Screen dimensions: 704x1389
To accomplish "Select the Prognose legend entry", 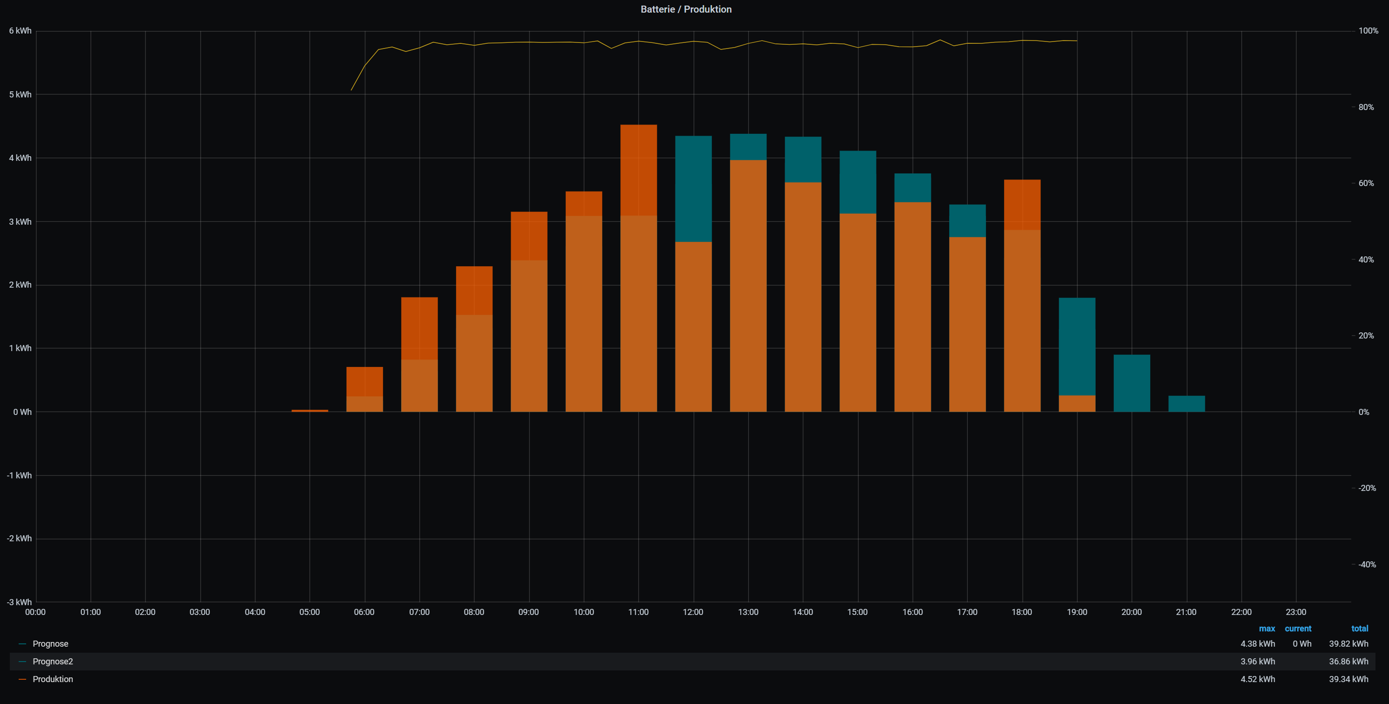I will point(50,644).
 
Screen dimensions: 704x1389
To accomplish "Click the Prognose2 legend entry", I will point(52,662).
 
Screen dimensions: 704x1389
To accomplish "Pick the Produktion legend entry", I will point(52,679).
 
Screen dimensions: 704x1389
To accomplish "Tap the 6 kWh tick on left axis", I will point(20,31).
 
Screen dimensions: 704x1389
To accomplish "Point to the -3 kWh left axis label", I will point(19,602).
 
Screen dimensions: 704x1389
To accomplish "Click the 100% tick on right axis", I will point(1368,31).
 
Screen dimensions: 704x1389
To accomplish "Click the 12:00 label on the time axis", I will point(693,612).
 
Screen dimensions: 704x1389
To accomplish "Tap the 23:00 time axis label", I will point(1296,612).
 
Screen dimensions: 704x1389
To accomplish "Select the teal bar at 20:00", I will point(1132,383).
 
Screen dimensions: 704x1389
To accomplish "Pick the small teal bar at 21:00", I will point(1186,404).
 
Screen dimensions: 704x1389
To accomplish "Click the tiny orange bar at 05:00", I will point(310,411).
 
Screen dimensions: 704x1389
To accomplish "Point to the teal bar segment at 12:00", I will point(694,189).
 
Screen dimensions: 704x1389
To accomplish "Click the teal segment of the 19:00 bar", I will point(1077,346).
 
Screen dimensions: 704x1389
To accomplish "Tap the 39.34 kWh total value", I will point(1348,679).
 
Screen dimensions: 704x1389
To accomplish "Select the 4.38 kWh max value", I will point(1257,644).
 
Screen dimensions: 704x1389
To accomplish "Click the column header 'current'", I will point(1298,628).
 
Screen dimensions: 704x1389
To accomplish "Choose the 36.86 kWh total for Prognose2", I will point(1348,662).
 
